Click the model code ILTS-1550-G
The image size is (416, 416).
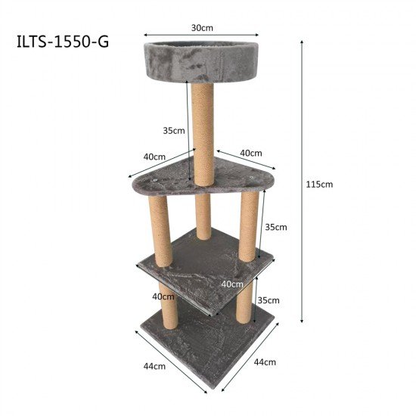pos(62,41)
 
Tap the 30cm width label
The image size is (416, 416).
pos(201,27)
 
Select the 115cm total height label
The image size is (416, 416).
pos(319,184)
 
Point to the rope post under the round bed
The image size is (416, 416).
pos(203,132)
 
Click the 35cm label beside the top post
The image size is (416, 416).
pos(174,130)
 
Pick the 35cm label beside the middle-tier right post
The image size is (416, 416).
pos(275,226)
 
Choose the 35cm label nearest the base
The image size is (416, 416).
pos(269,300)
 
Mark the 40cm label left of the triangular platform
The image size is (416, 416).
pos(154,157)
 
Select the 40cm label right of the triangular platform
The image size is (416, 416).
pos(251,153)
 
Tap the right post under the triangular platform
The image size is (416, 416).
pos(249,225)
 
